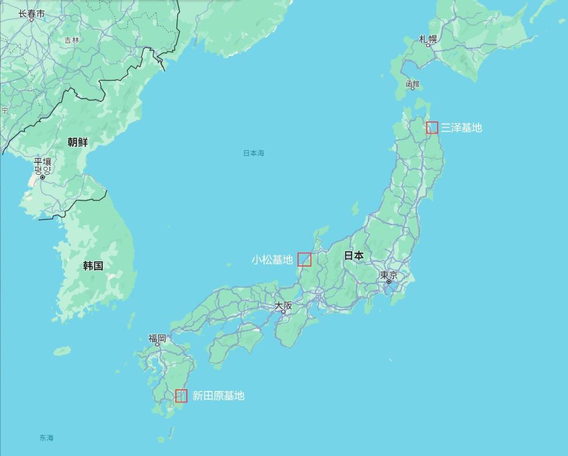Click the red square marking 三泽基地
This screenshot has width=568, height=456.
pyautogui.click(x=432, y=128)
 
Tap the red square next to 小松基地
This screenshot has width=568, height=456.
pyautogui.click(x=304, y=260)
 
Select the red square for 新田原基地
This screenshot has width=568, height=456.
pyautogui.click(x=181, y=396)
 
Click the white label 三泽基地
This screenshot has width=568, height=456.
pyautogui.click(x=461, y=128)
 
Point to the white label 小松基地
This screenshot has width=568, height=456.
pyautogui.click(x=272, y=260)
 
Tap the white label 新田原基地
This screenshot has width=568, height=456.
pyautogui.click(x=218, y=396)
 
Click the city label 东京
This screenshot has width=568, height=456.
pyautogui.click(x=389, y=275)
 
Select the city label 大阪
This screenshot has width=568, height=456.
pyautogui.click(x=283, y=305)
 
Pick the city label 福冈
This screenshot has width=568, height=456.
pyautogui.click(x=157, y=338)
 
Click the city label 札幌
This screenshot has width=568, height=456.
pyautogui.click(x=428, y=39)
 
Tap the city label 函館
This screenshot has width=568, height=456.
pyautogui.click(x=412, y=84)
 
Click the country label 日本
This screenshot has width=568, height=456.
pyautogui.click(x=354, y=255)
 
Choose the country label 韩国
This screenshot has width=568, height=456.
pyautogui.click(x=93, y=265)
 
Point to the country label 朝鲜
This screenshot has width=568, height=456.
pyautogui.click(x=78, y=142)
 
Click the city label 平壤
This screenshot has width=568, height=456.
pyautogui.click(x=42, y=162)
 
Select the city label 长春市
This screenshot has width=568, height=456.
pyautogui.click(x=31, y=13)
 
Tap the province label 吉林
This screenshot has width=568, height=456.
pyautogui.click(x=72, y=40)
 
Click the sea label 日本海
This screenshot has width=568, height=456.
pyautogui.click(x=253, y=153)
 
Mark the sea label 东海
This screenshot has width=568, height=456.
pyautogui.click(x=47, y=438)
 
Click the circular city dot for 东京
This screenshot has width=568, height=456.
pyautogui.click(x=389, y=282)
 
